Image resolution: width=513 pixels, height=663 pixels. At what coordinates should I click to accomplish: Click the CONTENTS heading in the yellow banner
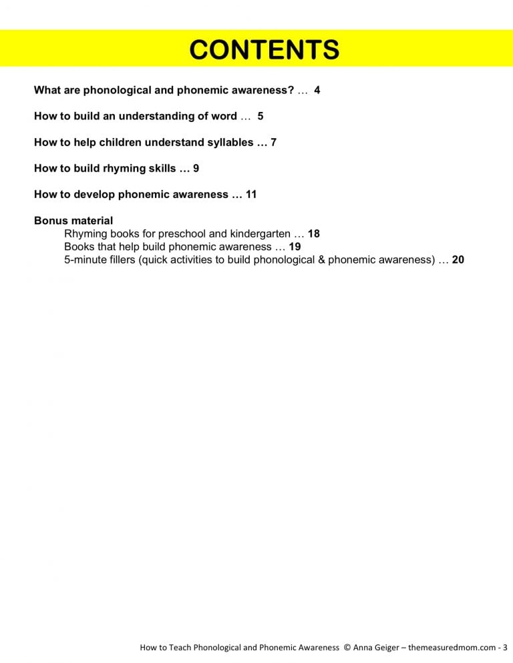tap(263, 50)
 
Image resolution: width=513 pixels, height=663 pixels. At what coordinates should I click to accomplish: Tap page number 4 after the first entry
tap(317, 90)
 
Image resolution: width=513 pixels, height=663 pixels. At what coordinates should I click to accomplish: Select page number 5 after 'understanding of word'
tap(261, 116)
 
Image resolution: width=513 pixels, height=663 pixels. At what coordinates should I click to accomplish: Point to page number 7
tap(273, 142)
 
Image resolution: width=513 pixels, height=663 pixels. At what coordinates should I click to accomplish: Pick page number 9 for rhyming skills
tap(196, 168)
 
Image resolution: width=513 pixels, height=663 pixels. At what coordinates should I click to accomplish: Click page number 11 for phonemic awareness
tap(251, 195)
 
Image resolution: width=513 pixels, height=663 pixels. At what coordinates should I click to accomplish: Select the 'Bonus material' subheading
tap(73, 221)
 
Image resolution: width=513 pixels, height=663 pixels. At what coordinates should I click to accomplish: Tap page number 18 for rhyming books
tap(314, 234)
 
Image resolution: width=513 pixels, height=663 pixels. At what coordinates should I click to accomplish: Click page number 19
tap(295, 247)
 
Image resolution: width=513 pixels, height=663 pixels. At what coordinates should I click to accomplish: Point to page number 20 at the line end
tap(458, 260)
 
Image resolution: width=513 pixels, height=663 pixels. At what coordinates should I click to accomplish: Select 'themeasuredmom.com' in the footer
tap(454, 648)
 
